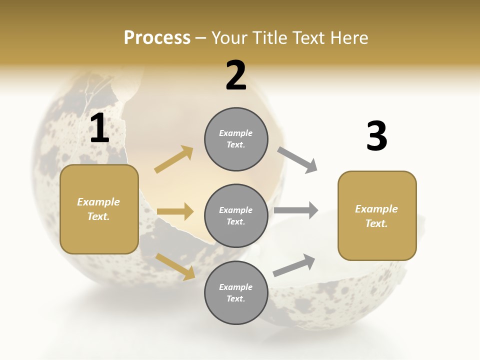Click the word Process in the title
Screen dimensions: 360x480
[x=157, y=38]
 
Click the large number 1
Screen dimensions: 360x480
[x=99, y=128]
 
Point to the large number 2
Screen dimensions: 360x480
[x=236, y=75]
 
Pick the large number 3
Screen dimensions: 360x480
[x=376, y=136]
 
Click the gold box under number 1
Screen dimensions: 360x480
[x=99, y=209]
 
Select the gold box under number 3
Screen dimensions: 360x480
[x=377, y=216]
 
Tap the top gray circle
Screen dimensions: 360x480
[x=236, y=139]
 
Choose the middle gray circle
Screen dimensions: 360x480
[x=236, y=215]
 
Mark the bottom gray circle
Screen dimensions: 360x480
[x=236, y=292]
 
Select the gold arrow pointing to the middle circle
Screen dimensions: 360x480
[x=175, y=211]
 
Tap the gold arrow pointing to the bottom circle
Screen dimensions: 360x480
[x=175, y=266]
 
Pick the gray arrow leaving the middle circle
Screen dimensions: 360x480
[x=296, y=210]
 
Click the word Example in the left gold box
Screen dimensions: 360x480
[x=98, y=202]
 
